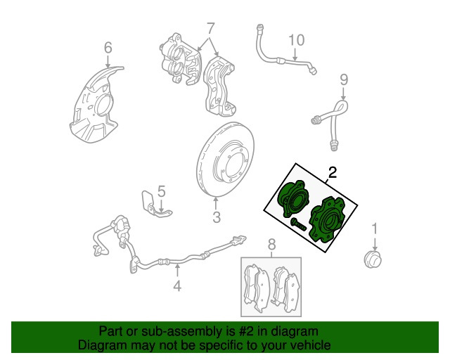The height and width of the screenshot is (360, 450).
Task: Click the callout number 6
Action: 108,48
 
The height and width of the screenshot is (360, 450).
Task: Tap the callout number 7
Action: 210,28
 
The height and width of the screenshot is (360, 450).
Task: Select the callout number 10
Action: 296,40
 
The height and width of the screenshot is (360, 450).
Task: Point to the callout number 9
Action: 344,79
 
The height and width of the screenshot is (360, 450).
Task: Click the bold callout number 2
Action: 332,173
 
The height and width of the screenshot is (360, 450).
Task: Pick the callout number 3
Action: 217,217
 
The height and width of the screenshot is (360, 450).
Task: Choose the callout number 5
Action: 162,191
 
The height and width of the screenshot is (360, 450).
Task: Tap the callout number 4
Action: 178,285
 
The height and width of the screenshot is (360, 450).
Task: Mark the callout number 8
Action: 271,245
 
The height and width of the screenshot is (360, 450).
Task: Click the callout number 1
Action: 375,229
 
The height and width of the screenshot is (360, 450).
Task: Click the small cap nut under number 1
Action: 373,259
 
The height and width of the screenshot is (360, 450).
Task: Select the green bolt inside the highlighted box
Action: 298,224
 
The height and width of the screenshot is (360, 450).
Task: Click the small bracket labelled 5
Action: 155,205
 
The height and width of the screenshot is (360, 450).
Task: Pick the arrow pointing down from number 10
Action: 295,54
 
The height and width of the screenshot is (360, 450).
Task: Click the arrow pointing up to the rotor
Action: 216,202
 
